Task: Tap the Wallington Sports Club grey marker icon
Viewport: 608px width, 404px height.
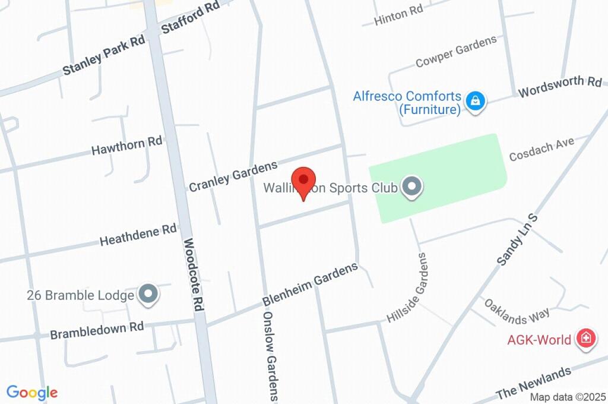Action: point(411,188)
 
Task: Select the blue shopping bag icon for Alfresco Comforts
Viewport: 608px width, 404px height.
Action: point(476,101)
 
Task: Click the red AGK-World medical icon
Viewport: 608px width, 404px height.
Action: point(585,339)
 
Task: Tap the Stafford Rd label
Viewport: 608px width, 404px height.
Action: point(191,19)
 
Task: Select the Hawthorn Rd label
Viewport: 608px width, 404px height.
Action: point(126,146)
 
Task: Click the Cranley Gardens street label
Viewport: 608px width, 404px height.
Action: point(233,176)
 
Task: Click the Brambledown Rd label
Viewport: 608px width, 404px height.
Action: point(97,330)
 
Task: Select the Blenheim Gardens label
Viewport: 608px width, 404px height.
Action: point(311,284)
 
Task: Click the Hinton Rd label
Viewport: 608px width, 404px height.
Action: point(399,17)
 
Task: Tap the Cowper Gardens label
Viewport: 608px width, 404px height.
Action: point(456,52)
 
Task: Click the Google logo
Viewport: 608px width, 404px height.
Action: point(32,392)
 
